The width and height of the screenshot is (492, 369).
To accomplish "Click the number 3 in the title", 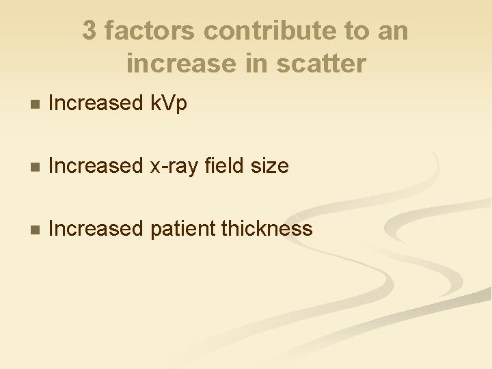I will [90, 31].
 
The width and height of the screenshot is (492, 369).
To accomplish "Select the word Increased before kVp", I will [95, 103].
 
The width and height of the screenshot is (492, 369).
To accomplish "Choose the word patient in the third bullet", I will [180, 229].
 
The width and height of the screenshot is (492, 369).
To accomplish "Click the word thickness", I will [267, 229].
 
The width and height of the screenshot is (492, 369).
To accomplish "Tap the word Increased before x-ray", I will [95, 166].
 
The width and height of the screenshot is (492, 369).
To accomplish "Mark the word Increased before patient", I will [95, 229].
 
